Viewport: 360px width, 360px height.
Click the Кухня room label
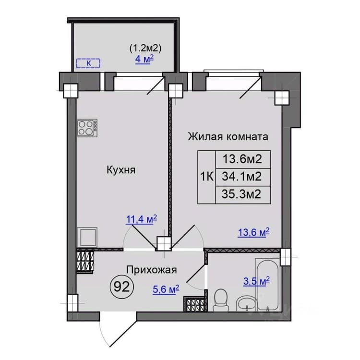(x=121, y=170)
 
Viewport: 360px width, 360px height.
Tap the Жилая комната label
(x=228, y=136)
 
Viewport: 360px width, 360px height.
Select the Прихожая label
(x=152, y=270)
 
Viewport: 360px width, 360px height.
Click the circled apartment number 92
(x=122, y=287)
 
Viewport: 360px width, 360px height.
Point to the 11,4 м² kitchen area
(x=141, y=219)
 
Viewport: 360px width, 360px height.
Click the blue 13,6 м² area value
(x=253, y=232)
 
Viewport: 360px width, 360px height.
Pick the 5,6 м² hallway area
(x=166, y=289)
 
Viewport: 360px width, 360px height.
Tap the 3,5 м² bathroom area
(x=256, y=281)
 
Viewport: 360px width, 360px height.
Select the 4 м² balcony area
(x=144, y=59)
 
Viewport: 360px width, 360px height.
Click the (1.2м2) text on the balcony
(x=145, y=48)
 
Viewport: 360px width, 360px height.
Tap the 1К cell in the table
(x=207, y=177)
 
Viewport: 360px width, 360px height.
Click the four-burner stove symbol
(x=87, y=128)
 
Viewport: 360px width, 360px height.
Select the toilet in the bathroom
(x=221, y=300)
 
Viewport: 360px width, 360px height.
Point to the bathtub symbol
(x=268, y=285)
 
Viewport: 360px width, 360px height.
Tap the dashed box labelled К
(x=88, y=63)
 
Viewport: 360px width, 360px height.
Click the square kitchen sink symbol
(x=87, y=237)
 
